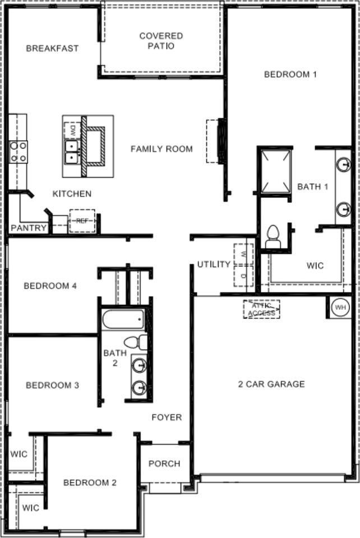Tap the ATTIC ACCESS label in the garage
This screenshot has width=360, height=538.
(x=261, y=309)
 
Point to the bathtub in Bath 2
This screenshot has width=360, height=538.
(x=123, y=320)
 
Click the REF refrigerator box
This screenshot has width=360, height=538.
(x=82, y=221)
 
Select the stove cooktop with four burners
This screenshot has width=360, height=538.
(x=18, y=151)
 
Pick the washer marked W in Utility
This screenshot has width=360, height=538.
(x=243, y=254)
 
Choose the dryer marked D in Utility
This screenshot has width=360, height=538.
(x=243, y=276)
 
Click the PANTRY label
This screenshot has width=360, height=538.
(x=29, y=228)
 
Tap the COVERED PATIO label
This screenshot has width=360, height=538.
(x=161, y=41)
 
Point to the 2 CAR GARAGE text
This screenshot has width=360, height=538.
(x=271, y=384)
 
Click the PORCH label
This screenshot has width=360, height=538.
(x=164, y=463)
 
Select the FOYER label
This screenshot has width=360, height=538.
(x=167, y=417)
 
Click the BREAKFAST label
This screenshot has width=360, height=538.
(x=52, y=48)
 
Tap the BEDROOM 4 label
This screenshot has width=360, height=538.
(x=50, y=286)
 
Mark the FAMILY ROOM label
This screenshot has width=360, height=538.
(x=161, y=149)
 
